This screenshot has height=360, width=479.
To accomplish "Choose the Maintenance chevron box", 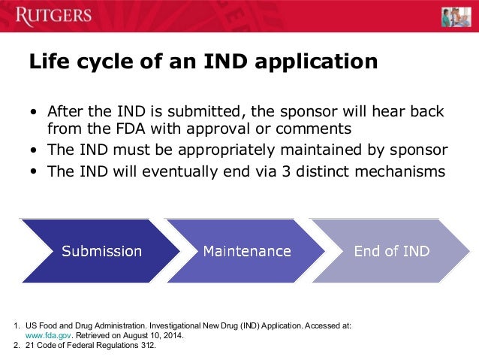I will click(246, 250).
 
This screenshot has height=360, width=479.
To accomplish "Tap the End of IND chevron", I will click(390, 250).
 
